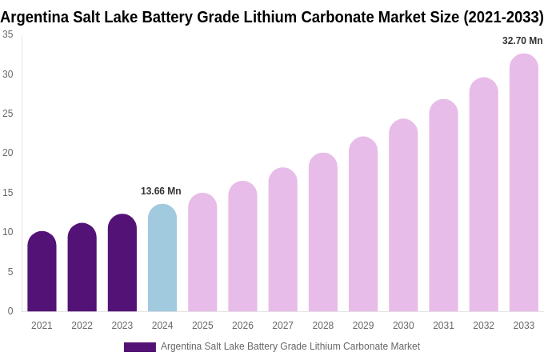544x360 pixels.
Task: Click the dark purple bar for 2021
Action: [x=42, y=272]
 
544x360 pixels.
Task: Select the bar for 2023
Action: [x=122, y=263]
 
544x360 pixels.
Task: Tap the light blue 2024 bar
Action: [x=162, y=258]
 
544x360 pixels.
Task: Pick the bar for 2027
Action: [x=282, y=240]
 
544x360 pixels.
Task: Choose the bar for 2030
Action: [x=403, y=216]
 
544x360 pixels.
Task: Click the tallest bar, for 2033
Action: [x=524, y=183]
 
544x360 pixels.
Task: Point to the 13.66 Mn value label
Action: [x=161, y=191]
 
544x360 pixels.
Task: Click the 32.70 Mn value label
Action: [x=522, y=41]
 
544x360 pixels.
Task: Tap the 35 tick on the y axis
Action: [x=8, y=34]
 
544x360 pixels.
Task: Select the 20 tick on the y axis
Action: [x=8, y=153]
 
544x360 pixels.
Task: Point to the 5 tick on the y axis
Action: [x=10, y=272]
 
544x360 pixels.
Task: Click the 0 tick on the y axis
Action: [x=10, y=311]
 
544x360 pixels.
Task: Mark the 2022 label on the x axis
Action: [x=82, y=326]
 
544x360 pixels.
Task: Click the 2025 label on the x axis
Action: [x=202, y=326]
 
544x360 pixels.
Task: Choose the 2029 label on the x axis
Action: [x=363, y=326]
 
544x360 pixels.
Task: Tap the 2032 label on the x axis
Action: [x=483, y=326]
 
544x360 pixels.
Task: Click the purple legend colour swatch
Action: [x=140, y=347]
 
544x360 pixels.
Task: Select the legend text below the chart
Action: [x=290, y=346]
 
